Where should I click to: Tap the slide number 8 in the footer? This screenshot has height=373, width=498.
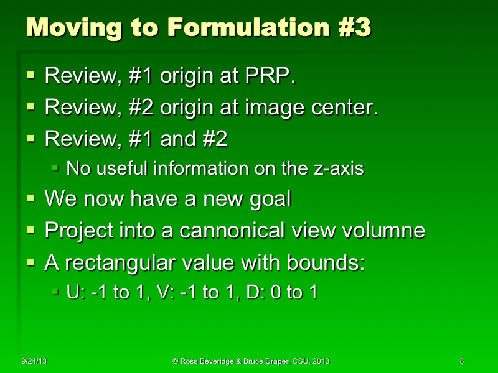click(x=461, y=361)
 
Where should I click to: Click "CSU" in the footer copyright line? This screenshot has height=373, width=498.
click(x=294, y=361)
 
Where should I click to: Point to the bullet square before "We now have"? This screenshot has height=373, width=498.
click(x=31, y=200)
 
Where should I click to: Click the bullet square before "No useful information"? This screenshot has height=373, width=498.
click(x=55, y=168)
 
